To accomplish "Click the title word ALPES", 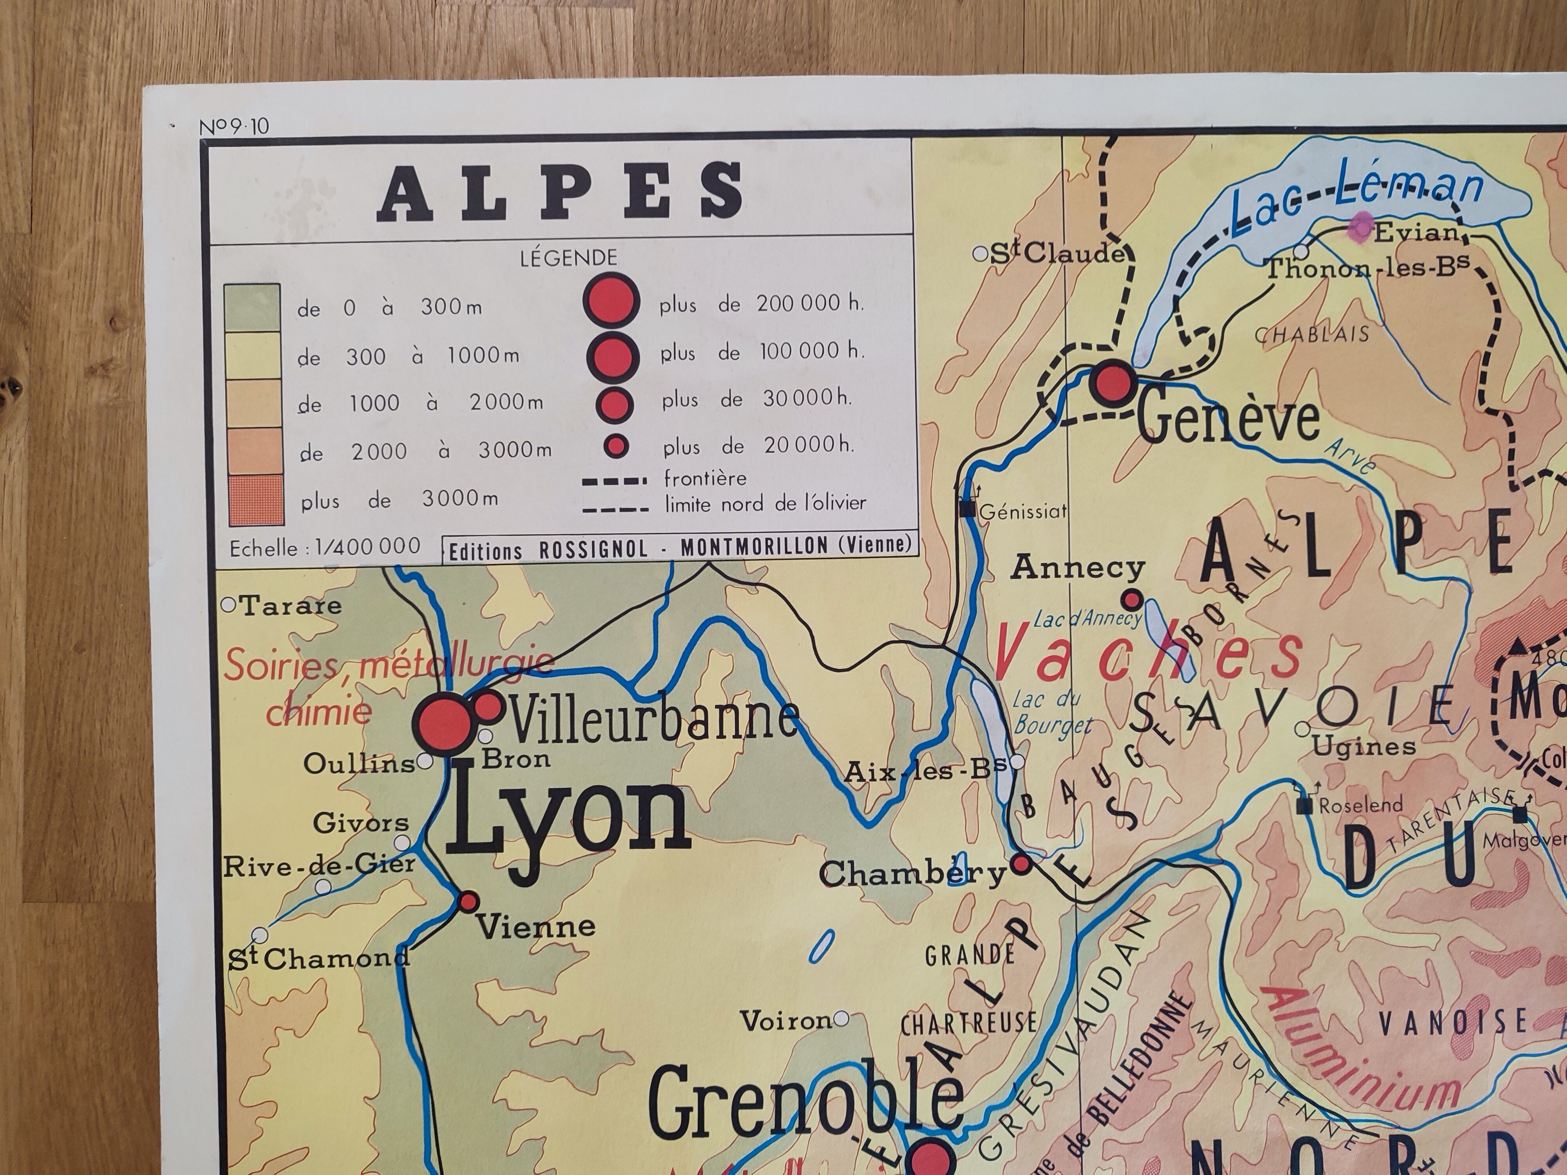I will [x=560, y=190].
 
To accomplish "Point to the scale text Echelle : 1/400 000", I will [x=324, y=548].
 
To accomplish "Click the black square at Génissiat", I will [x=967, y=508].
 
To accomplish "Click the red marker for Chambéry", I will [x=1021, y=863].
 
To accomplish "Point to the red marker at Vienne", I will [x=468, y=902].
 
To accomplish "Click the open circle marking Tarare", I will [x=228, y=605].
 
